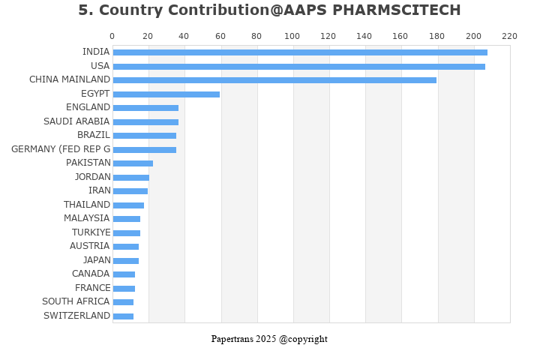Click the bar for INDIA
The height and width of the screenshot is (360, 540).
click(300, 52)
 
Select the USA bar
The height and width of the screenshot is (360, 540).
click(298, 67)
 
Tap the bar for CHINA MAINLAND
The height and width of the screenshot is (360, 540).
click(274, 80)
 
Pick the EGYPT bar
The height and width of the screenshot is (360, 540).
click(166, 94)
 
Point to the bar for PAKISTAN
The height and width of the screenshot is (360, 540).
click(133, 163)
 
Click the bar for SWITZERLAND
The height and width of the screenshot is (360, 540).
click(123, 316)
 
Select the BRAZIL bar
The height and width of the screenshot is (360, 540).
click(145, 136)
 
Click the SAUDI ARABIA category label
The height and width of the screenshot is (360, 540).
click(76, 121)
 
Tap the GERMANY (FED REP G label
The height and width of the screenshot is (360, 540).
click(61, 149)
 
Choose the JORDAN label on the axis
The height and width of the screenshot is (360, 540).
click(92, 177)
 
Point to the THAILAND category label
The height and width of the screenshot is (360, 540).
click(87, 205)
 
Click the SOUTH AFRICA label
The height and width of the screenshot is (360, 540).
click(76, 301)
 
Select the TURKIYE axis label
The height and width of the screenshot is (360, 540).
click(91, 232)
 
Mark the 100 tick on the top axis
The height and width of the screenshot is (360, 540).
click(292, 36)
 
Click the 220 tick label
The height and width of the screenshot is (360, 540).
click(509, 36)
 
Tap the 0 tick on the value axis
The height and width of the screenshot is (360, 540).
click(112, 36)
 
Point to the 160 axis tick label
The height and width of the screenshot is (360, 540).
click(400, 36)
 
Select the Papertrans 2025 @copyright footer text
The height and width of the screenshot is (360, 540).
click(269, 339)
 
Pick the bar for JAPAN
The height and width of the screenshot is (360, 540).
click(126, 261)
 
